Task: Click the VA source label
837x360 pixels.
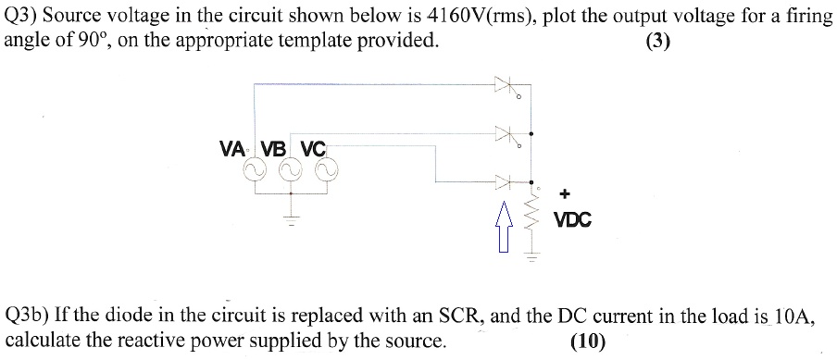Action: point(232,148)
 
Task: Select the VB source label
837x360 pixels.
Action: point(273,148)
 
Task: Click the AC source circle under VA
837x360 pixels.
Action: point(252,169)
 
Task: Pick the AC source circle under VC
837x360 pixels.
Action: point(326,169)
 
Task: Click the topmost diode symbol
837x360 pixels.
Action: point(505,87)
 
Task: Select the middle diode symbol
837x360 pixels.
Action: point(505,136)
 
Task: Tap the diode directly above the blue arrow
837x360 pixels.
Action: point(505,181)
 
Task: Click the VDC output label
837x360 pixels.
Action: point(572,221)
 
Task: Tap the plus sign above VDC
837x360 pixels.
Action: point(565,193)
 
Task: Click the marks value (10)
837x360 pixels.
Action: point(588,341)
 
